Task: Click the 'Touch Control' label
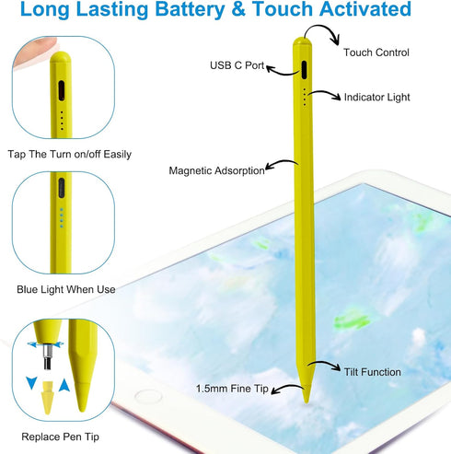click(x=376, y=52)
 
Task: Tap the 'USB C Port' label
click(x=237, y=65)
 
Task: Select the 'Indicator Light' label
click(x=376, y=98)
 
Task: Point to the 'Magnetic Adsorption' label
click(x=216, y=170)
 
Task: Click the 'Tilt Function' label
click(x=372, y=372)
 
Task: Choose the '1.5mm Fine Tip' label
click(x=232, y=389)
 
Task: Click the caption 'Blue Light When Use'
click(x=66, y=289)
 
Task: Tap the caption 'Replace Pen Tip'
click(x=60, y=437)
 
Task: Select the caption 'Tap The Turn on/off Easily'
click(x=70, y=154)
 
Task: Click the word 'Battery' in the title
click(x=190, y=9)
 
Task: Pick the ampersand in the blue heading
click(x=238, y=9)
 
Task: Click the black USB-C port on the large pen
click(x=304, y=70)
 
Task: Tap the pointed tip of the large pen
click(x=306, y=401)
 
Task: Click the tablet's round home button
click(x=148, y=396)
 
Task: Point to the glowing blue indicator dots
click(x=62, y=218)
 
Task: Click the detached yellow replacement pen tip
click(x=47, y=398)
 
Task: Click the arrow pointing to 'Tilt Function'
click(x=325, y=365)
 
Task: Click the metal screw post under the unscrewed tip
click(x=47, y=357)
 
